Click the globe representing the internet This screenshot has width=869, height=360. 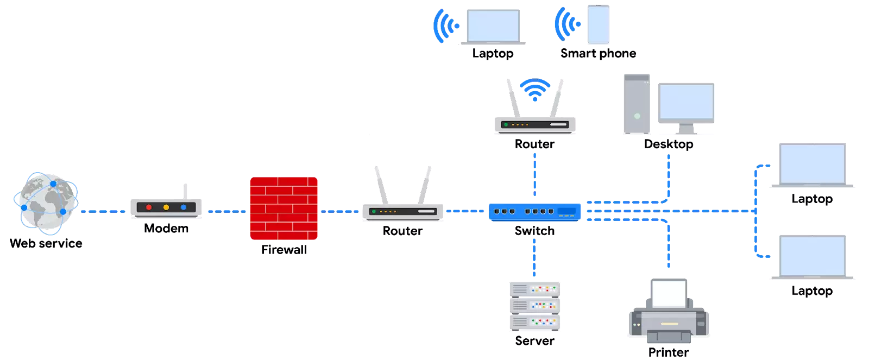coord(46,204)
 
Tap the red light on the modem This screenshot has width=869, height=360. coord(149,207)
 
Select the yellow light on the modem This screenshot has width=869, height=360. coord(166,207)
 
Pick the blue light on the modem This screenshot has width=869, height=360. coord(184,207)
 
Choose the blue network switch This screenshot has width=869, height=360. coord(534,210)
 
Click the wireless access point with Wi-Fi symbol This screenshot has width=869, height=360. coord(536,124)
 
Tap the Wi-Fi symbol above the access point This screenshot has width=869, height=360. coord(534,90)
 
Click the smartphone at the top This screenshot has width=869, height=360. coord(599,26)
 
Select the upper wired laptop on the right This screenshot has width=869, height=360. coord(812,163)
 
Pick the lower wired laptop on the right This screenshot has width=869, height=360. coord(812,257)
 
